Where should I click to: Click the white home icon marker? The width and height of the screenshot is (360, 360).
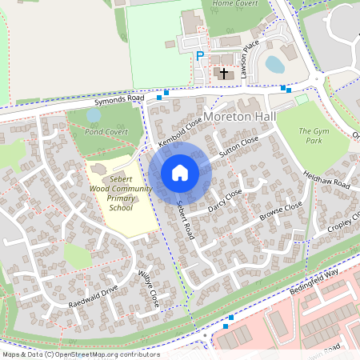click(180, 172)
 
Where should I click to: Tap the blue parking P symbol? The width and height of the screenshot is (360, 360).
click(200, 56)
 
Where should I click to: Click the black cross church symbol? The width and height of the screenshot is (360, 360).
click(224, 74)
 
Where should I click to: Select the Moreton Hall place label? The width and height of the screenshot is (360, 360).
click(240, 117)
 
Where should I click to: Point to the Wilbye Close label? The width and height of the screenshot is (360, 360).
click(149, 288)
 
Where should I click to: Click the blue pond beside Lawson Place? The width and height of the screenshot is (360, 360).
click(274, 63)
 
